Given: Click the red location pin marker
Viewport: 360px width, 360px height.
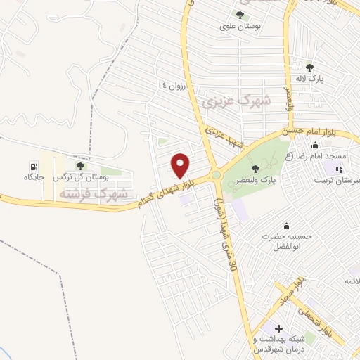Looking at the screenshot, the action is point(181,165).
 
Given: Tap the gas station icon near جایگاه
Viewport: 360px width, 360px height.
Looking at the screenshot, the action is point(32,167).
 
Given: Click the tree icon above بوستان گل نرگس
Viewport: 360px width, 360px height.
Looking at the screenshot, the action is point(80,167).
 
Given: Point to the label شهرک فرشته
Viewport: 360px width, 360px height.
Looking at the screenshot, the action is point(94,193).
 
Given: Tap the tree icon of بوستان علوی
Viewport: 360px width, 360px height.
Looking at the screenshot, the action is point(241,14).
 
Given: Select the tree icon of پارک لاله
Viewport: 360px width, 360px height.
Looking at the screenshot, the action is point(310,67).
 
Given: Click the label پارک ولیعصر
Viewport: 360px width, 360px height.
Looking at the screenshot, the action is point(259,179).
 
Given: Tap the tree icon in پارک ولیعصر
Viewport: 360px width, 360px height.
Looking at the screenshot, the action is point(255,168).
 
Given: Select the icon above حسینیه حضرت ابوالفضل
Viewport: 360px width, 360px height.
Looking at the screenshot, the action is point(286,226).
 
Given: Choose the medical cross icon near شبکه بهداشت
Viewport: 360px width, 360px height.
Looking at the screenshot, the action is point(278,328).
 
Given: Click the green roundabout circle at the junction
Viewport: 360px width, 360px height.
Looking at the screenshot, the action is point(215,175).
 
